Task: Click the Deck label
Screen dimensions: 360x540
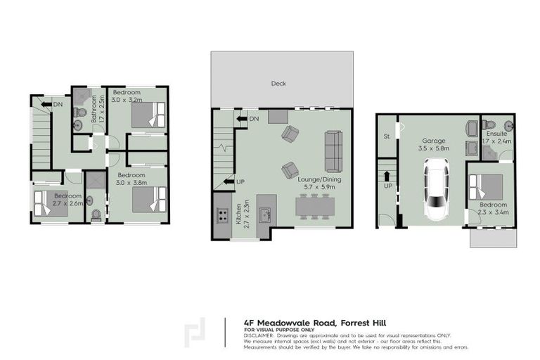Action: pyautogui.click(x=278, y=83)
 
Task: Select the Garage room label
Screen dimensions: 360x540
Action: pyautogui.click(x=434, y=141)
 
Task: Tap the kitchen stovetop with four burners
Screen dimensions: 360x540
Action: pyautogui.click(x=222, y=214)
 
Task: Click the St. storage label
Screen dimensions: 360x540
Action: pyautogui.click(x=387, y=137)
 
